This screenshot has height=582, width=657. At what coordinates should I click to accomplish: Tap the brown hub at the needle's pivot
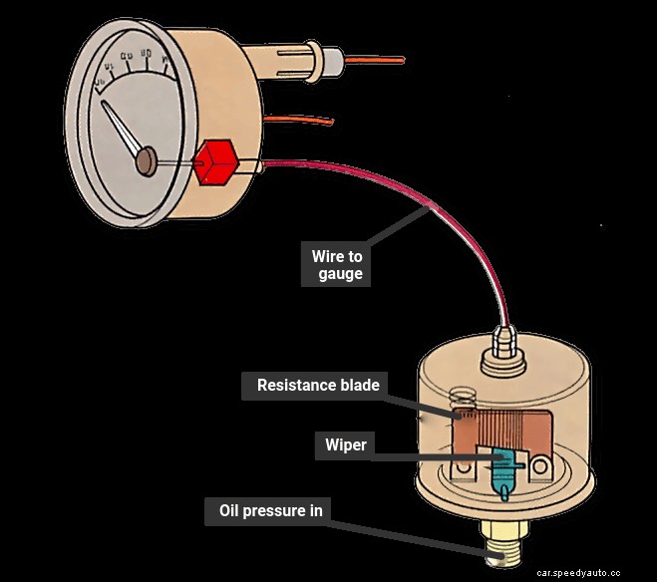tap(146, 159)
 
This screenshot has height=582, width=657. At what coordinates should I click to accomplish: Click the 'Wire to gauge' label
tap(335, 265)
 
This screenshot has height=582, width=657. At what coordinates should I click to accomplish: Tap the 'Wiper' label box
tap(345, 444)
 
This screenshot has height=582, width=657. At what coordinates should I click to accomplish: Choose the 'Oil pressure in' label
tap(270, 512)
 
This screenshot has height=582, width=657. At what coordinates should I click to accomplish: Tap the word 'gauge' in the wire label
tap(340, 274)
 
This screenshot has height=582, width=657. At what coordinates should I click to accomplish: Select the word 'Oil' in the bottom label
tap(231, 512)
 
